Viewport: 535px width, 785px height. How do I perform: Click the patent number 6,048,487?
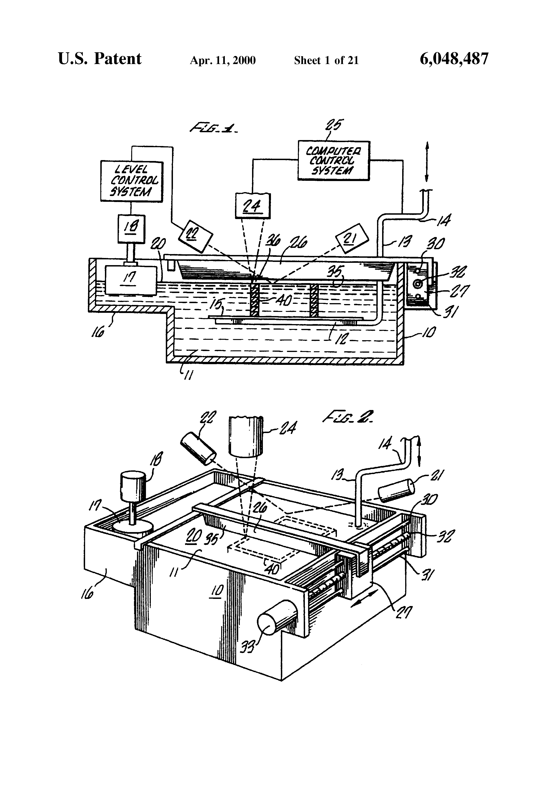[x=454, y=59]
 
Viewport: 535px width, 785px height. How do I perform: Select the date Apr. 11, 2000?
[x=223, y=60]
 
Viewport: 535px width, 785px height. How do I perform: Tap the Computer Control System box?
[x=333, y=161]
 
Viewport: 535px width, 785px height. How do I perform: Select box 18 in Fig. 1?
[x=131, y=229]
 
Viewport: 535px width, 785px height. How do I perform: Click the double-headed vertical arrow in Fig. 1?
[x=426, y=162]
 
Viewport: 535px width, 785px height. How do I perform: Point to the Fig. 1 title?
[x=214, y=128]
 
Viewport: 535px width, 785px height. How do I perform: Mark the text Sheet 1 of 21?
[x=326, y=60]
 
